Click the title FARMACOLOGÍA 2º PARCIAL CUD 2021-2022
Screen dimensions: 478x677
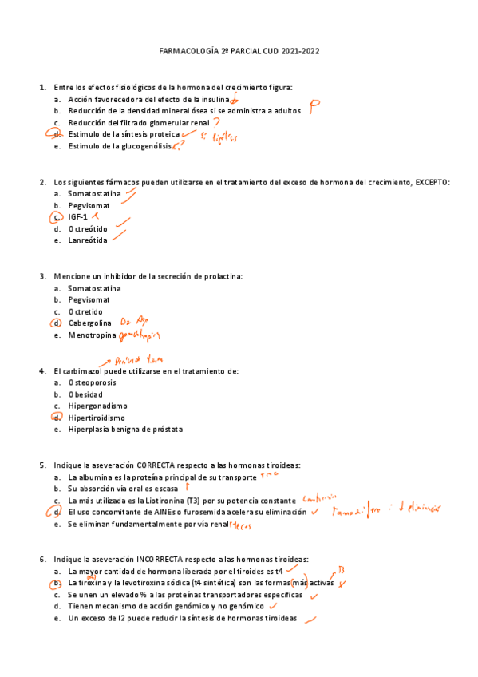pos(239,52)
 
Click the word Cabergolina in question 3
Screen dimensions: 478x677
pos(89,323)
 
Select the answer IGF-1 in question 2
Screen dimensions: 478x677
pos(77,216)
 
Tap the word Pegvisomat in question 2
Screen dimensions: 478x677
pos(89,205)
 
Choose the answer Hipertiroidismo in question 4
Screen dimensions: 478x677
pos(97,418)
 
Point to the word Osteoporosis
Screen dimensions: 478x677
pos(92,382)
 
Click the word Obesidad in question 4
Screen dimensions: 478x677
pos(85,394)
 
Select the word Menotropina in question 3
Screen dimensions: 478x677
pos(92,335)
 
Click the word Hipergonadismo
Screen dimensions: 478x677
pos(97,406)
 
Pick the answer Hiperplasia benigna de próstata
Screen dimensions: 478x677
pos(125,430)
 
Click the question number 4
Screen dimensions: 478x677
pos(41,371)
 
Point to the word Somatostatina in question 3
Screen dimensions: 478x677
pos(94,288)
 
